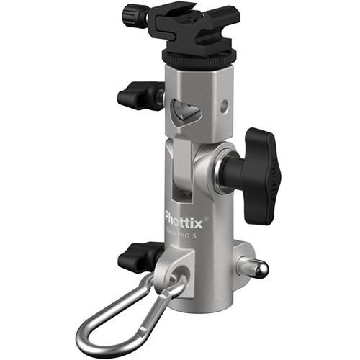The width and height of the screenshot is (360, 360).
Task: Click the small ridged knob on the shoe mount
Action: point(135,14)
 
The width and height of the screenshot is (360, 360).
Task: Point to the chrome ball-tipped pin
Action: point(258,269)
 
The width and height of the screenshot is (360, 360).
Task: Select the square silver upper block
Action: point(198,101)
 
